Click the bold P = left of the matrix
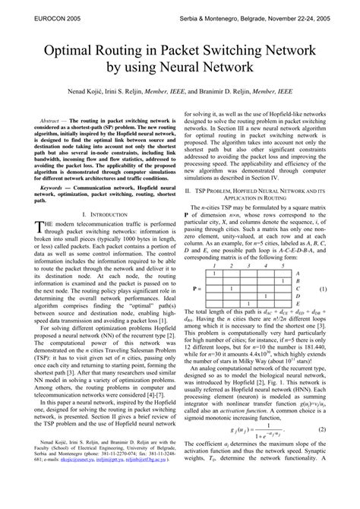[197, 289]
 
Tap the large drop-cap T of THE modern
[39, 252]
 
